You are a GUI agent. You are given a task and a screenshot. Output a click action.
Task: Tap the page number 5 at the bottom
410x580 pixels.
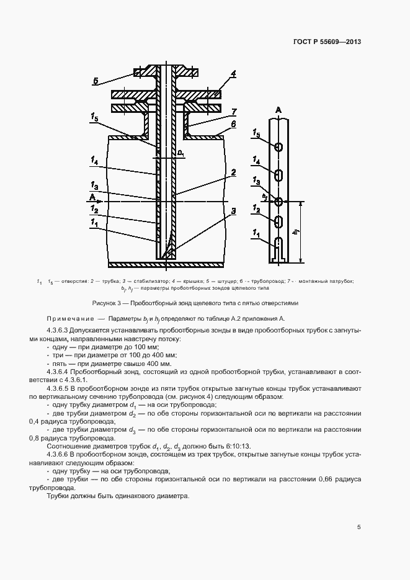359,527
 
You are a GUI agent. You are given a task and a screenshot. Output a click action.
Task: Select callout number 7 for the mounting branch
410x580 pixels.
234,112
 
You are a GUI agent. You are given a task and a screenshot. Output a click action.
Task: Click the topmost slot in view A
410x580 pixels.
279,147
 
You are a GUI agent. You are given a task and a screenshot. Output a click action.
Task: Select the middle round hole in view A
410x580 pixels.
279,201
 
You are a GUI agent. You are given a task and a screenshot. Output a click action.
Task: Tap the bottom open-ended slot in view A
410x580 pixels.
279,248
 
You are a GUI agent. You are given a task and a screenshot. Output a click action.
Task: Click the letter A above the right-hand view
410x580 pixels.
279,109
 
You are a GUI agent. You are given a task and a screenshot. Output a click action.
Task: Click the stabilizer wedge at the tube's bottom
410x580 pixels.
166,245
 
